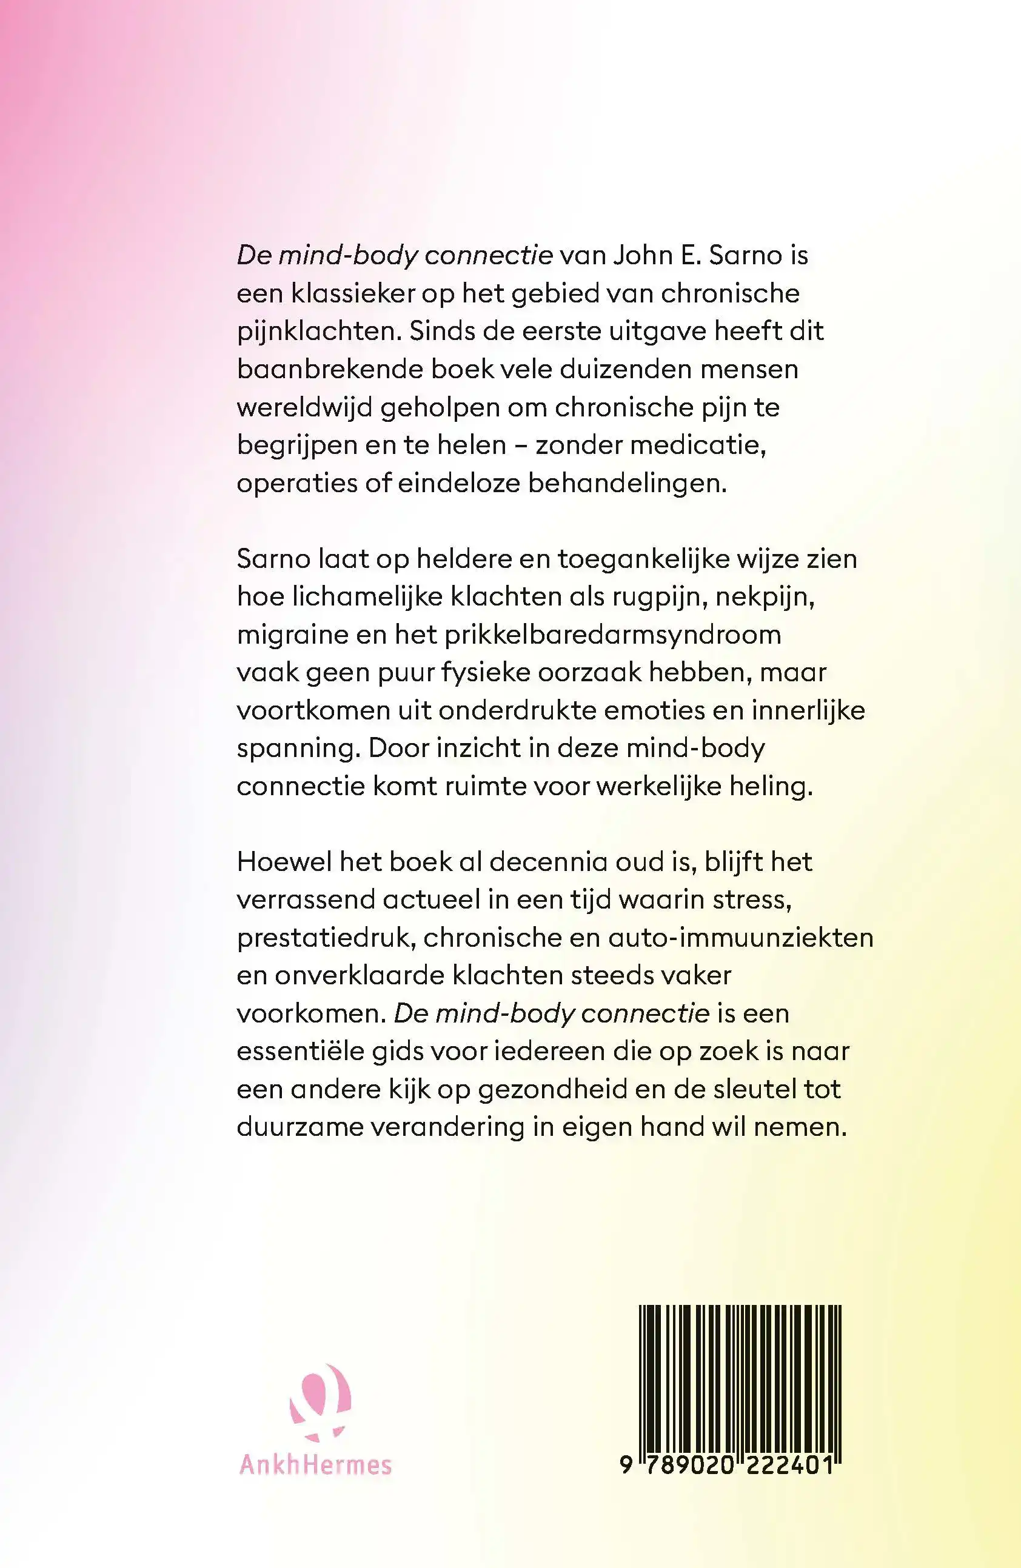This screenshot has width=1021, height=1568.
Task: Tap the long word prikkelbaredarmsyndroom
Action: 612,635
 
